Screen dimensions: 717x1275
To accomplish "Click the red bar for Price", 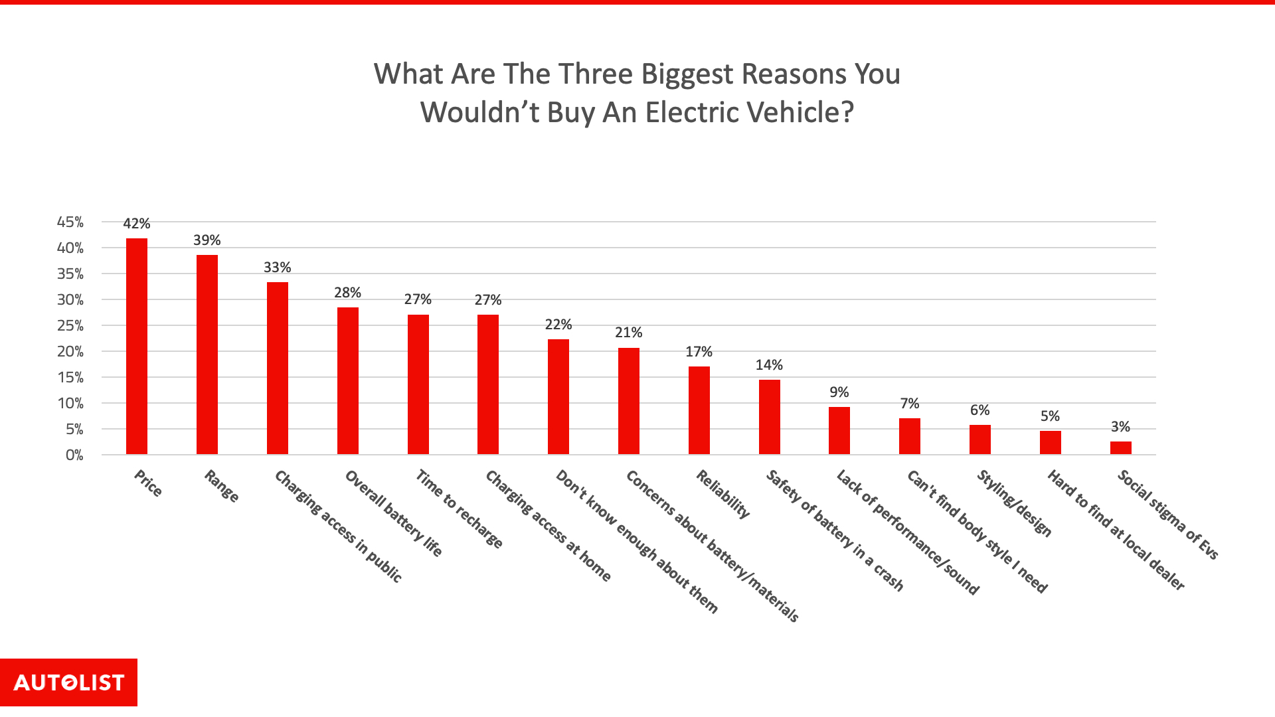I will pyautogui.click(x=137, y=347).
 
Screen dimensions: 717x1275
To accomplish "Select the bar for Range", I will pyautogui.click(x=207, y=355).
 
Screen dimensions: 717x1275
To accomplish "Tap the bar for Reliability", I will pyautogui.click(x=699, y=410).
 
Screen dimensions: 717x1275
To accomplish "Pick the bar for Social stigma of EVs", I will pyautogui.click(x=1120, y=448).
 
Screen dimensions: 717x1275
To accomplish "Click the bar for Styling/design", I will pyautogui.click(x=979, y=439).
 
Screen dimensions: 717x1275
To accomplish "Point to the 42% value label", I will pyautogui.click(x=137, y=224).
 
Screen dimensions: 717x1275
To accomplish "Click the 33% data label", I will pyautogui.click(x=277, y=268).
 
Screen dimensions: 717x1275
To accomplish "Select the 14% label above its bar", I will pyautogui.click(x=769, y=365).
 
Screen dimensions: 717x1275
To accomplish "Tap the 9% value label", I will pyautogui.click(x=839, y=392).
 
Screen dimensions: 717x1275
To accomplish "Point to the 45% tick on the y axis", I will pyautogui.click(x=70, y=222).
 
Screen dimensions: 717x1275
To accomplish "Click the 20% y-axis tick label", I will pyautogui.click(x=70, y=352).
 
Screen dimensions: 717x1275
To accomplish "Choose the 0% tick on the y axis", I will pyautogui.click(x=74, y=455).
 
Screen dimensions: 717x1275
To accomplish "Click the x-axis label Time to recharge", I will pyautogui.click(x=459, y=509).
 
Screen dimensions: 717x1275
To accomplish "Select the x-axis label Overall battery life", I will pyautogui.click(x=393, y=513).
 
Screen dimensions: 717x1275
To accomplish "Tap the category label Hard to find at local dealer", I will pyautogui.click(x=1116, y=529).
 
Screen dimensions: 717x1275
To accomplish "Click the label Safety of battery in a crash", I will pyautogui.click(x=835, y=530).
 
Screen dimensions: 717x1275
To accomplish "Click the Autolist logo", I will pyautogui.click(x=68, y=682).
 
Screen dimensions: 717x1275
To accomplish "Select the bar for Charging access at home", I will pyautogui.click(x=488, y=384).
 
